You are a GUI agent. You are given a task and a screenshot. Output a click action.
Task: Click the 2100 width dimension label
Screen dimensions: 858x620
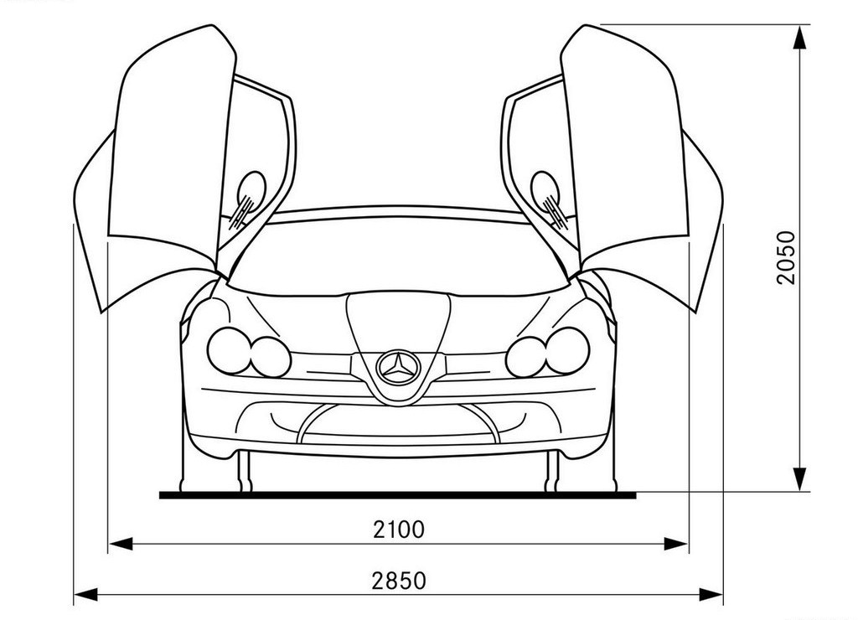click(x=398, y=530)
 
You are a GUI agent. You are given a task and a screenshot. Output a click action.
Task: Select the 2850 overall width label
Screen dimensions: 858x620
click(x=398, y=581)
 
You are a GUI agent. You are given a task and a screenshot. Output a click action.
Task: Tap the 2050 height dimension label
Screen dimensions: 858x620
click(x=786, y=258)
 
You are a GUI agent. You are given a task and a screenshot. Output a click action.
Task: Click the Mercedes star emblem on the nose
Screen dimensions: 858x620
click(x=398, y=368)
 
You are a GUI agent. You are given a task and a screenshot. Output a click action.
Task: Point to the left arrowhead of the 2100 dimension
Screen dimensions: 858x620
click(x=121, y=544)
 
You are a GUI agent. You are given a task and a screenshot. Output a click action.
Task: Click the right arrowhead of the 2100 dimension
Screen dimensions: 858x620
click(x=676, y=544)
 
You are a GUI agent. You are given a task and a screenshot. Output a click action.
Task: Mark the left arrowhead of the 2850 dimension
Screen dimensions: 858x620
click(x=86, y=594)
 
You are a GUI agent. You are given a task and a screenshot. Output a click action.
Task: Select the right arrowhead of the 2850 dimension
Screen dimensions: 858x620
click(x=711, y=594)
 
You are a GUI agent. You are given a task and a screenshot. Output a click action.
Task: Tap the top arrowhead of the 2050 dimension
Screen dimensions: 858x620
click(x=800, y=37)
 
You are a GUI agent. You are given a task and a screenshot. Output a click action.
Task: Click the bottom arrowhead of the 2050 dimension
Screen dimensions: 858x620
click(x=800, y=479)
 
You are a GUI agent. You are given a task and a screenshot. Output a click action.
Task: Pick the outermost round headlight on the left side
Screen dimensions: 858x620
click(x=229, y=351)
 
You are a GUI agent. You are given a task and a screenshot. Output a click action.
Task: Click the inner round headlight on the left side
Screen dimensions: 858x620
click(x=271, y=357)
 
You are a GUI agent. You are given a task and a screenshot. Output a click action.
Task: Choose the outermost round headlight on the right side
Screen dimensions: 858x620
click(x=568, y=351)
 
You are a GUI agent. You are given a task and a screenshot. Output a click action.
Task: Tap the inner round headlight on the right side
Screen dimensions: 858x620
click(x=526, y=357)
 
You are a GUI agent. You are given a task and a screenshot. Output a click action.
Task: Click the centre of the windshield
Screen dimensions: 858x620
click(x=398, y=257)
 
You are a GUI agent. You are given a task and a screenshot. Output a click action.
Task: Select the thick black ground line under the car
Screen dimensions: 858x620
click(x=398, y=495)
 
